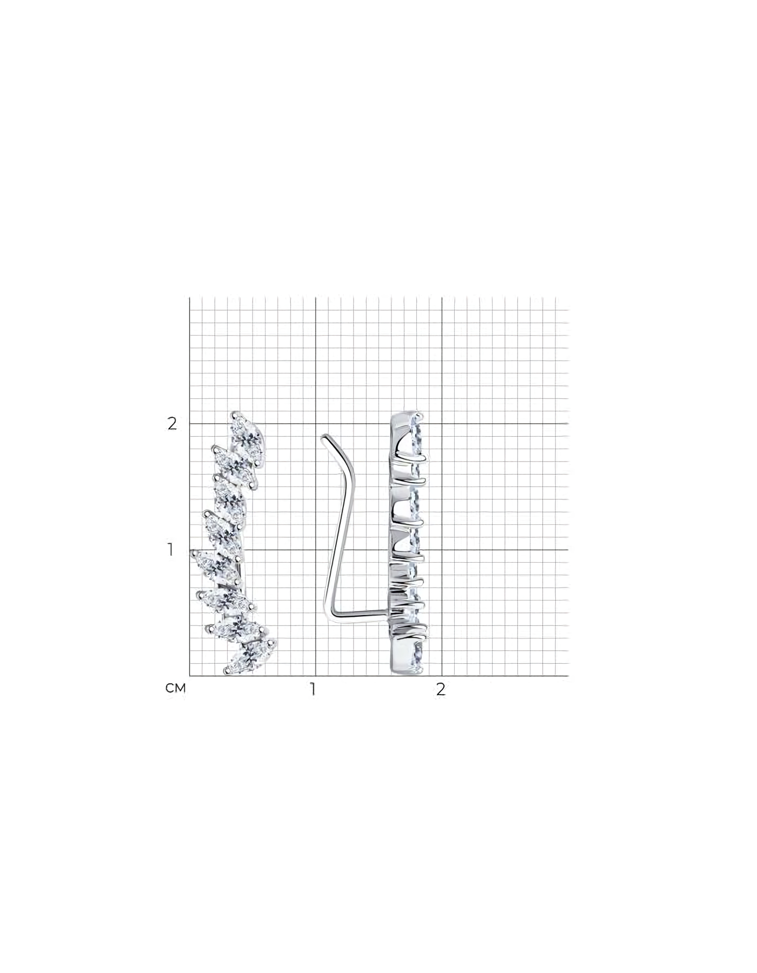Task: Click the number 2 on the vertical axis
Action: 172,423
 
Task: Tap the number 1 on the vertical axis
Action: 171,550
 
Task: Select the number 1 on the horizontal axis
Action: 312,689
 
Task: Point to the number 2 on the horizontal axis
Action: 441,689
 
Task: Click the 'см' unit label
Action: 176,689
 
